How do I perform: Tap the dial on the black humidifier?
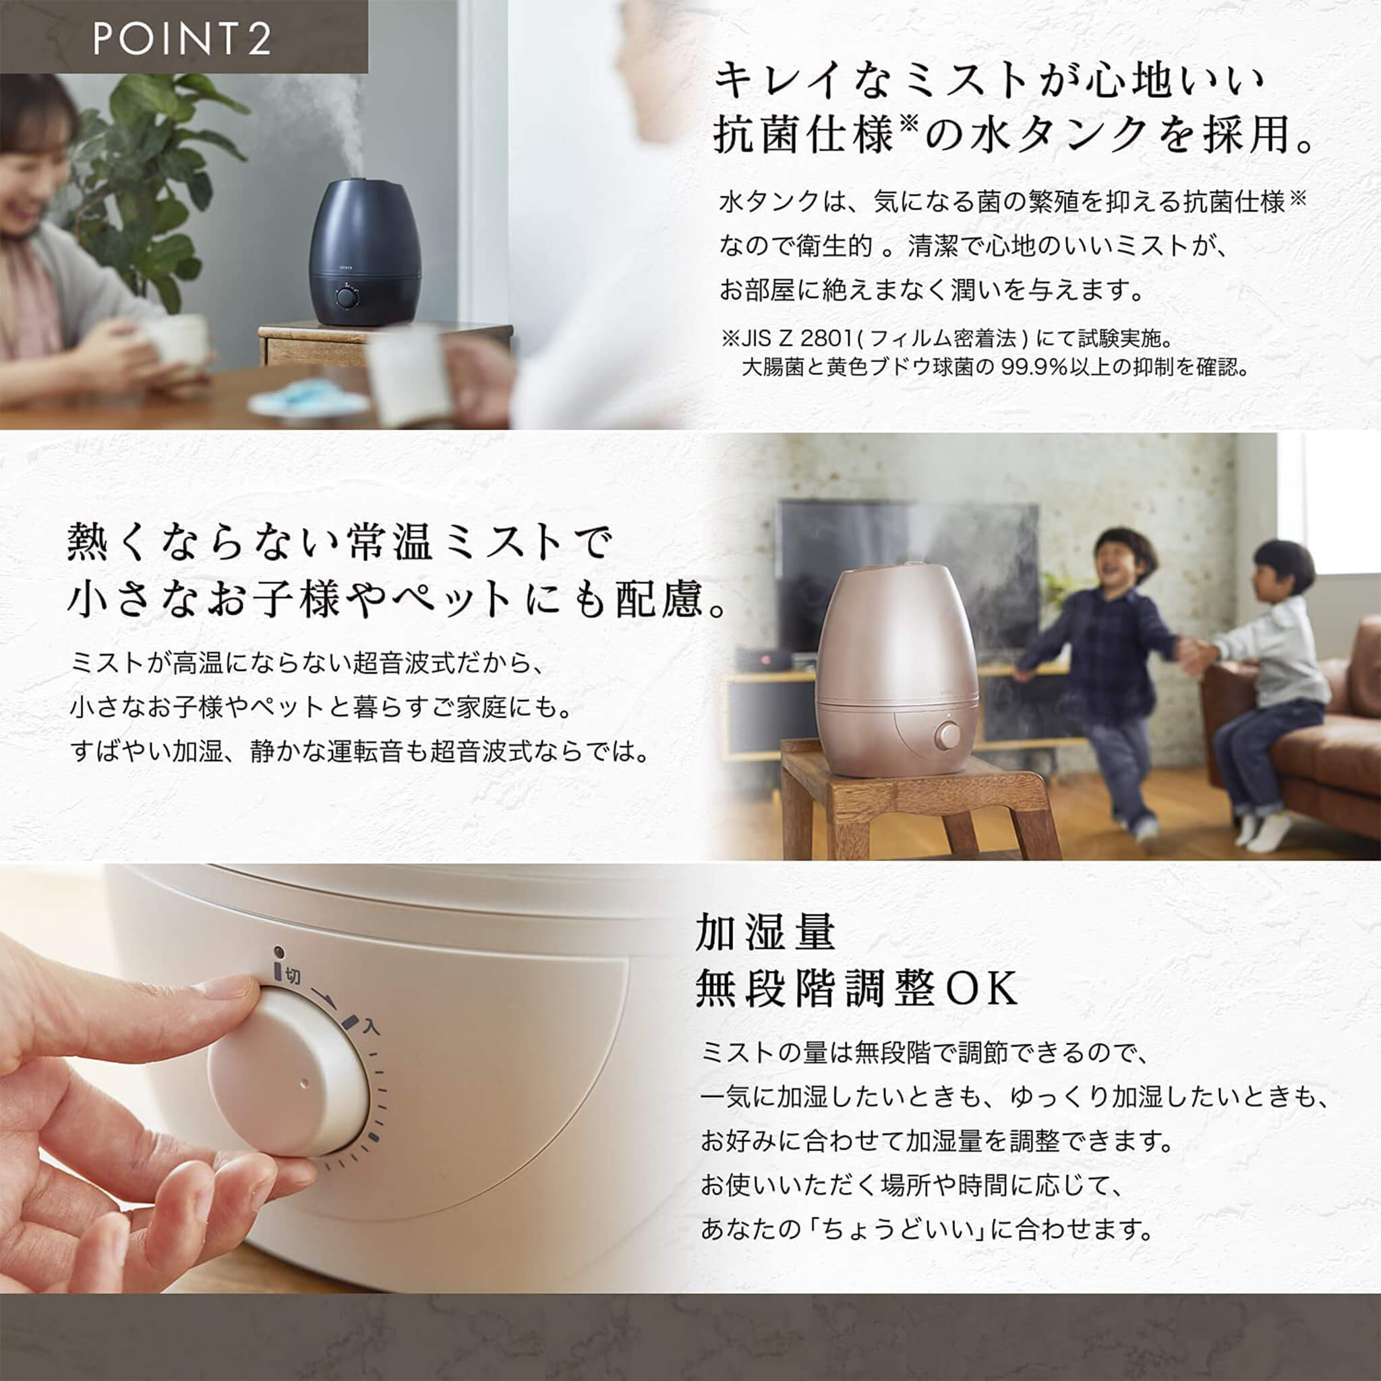347,296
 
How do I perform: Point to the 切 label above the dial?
293,976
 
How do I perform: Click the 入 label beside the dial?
370,1028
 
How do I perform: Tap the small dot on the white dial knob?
305,1083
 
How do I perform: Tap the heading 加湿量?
765,933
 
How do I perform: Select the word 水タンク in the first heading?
1065,135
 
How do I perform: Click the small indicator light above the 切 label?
279,952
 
